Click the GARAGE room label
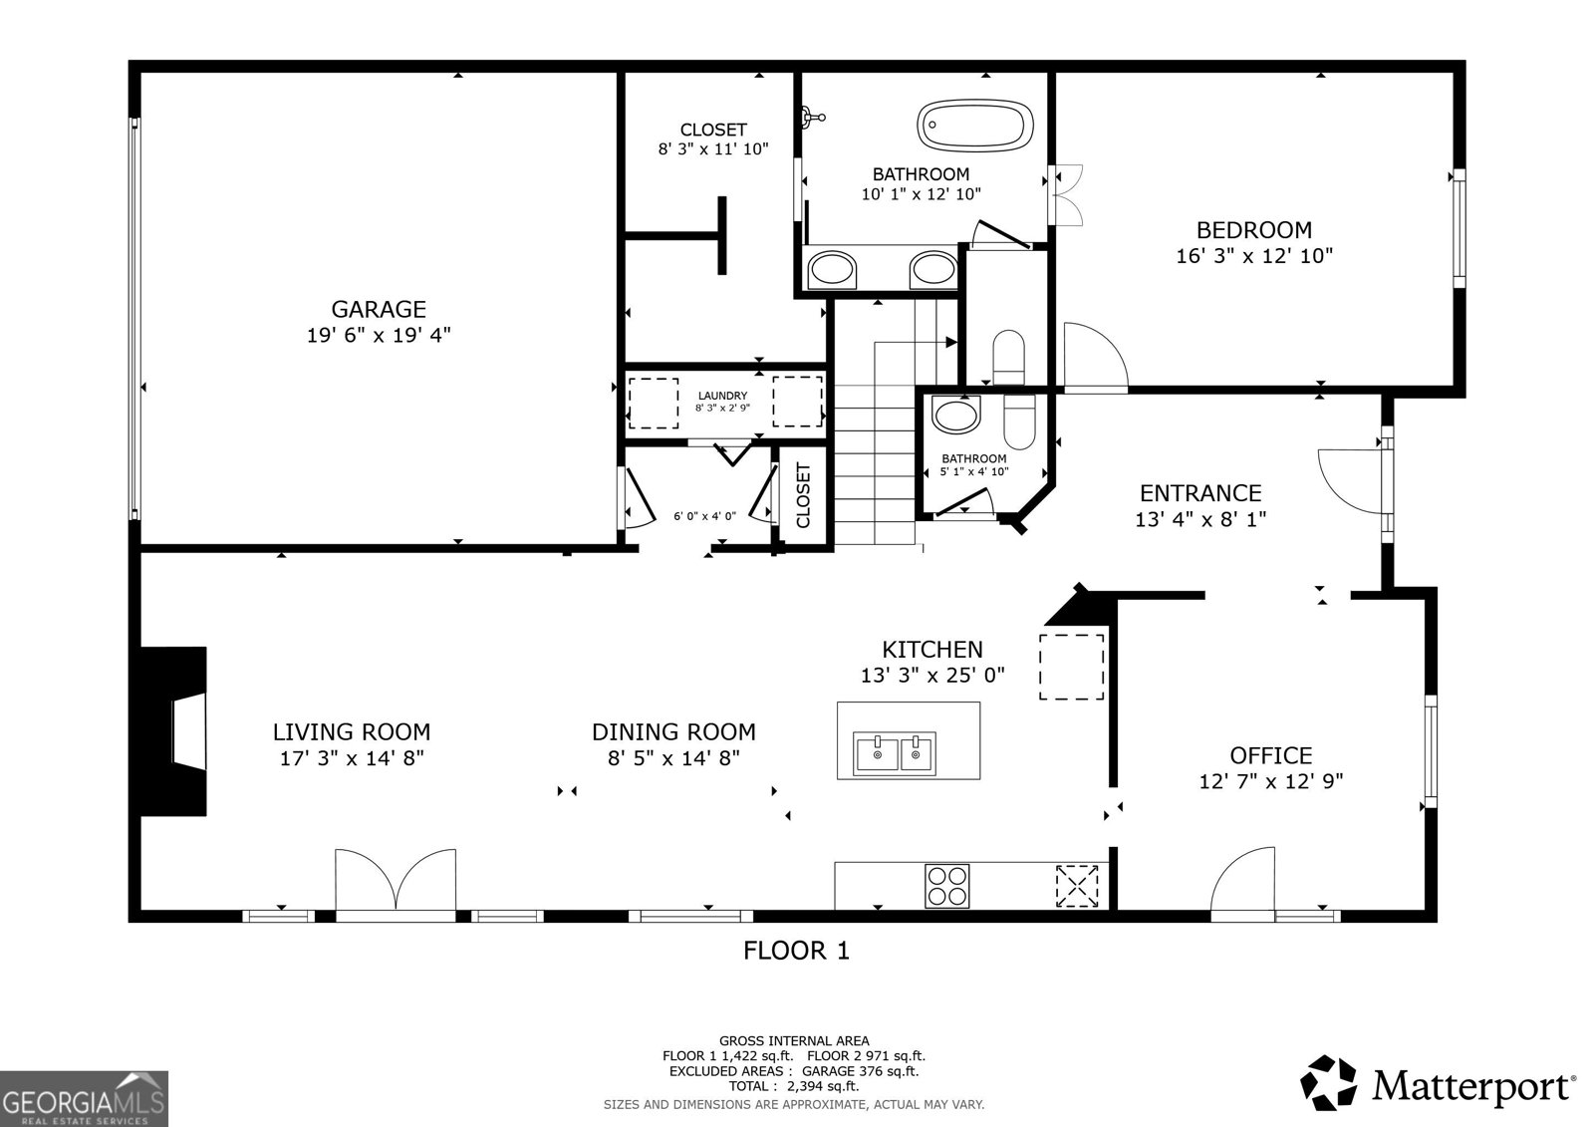point(379,309)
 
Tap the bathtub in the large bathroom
point(975,126)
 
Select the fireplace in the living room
point(173,730)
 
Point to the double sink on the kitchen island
point(896,752)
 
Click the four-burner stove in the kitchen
point(947,886)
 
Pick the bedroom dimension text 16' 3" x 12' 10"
point(1254,255)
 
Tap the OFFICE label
point(1271,754)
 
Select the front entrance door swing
point(1351,481)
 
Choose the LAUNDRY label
point(722,396)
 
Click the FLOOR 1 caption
point(796,951)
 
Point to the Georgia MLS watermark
point(84,1098)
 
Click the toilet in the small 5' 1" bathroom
point(1019,423)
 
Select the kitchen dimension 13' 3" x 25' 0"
point(932,675)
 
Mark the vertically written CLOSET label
point(803,495)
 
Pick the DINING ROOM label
point(673,731)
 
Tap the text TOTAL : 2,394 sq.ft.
point(793,1086)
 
